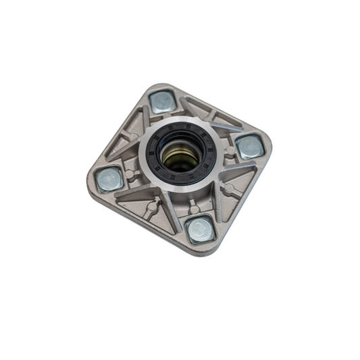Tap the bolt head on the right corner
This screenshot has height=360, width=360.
[x=249, y=146]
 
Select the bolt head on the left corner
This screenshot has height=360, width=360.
[x=109, y=179]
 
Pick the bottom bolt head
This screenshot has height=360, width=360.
[x=200, y=230]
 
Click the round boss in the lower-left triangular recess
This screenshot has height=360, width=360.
[x=153, y=206]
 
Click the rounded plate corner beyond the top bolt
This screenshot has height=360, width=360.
[x=157, y=87]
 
